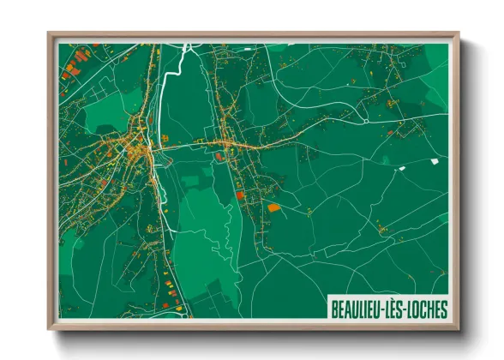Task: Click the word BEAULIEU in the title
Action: (x=356, y=308)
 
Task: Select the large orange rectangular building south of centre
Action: (x=273, y=207)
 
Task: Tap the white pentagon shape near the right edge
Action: (x=434, y=160)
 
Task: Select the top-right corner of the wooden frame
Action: (x=459, y=34)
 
